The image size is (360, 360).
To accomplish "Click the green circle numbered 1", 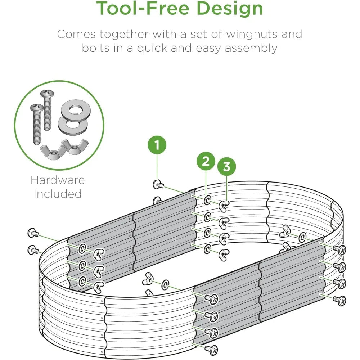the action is pyautogui.click(x=157, y=145).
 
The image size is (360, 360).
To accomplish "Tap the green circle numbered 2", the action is pyautogui.click(x=206, y=161).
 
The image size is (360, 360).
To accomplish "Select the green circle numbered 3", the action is pyautogui.click(x=226, y=166).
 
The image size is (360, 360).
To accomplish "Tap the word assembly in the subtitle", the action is pyautogui.click(x=251, y=49).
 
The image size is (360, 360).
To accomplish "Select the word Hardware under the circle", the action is pyautogui.click(x=58, y=180).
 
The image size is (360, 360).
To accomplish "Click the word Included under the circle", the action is pyautogui.click(x=58, y=194).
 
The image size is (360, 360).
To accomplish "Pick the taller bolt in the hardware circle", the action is pyautogui.click(x=47, y=110).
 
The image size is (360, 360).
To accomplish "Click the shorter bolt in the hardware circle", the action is pyautogui.click(x=37, y=124).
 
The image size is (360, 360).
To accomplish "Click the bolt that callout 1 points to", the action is pyautogui.click(x=158, y=184).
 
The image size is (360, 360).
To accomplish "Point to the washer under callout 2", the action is pyautogui.click(x=208, y=200).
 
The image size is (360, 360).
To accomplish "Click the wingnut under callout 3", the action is pyautogui.click(x=224, y=206).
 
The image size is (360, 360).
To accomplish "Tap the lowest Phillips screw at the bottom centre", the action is pyautogui.click(x=211, y=350).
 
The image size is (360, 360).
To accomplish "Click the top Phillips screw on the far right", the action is pyautogui.click(x=340, y=249).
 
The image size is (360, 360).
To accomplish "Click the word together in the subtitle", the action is pyautogui.click(x=124, y=35).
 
